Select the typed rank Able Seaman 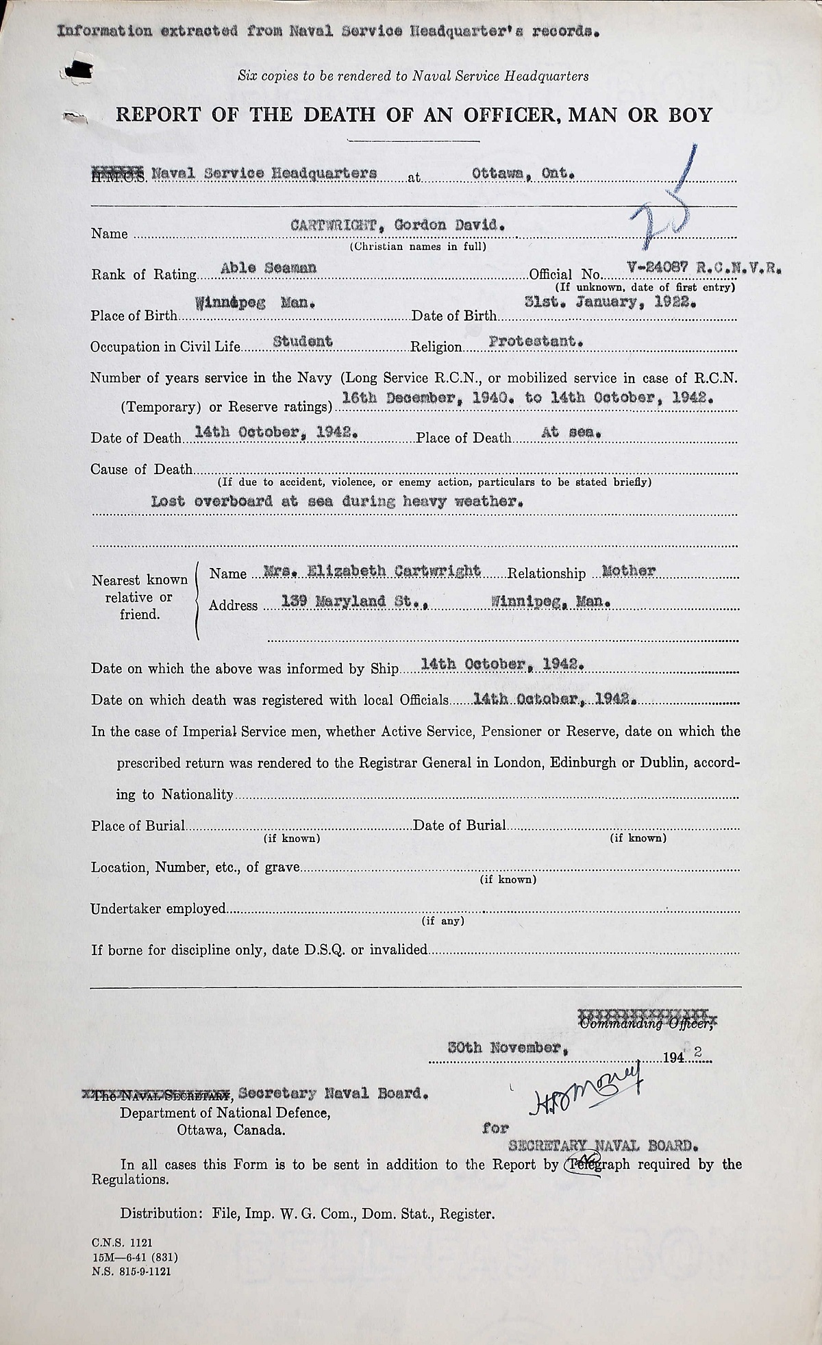click(x=269, y=268)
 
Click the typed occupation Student click(x=303, y=341)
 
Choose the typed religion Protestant click(x=536, y=341)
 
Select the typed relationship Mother click(x=628, y=570)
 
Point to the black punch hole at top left click(x=80, y=68)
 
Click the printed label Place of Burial click(x=138, y=826)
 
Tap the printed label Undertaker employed click(x=158, y=909)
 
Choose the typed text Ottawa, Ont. click(x=520, y=173)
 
